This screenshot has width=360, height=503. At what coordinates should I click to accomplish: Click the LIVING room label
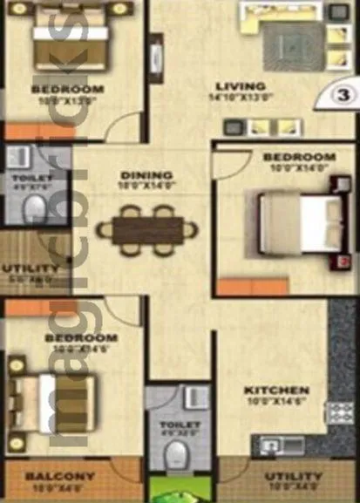tap(241, 85)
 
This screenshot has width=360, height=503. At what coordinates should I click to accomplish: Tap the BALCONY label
tap(60, 477)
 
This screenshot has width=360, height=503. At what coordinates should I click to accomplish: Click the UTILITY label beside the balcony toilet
tap(294, 477)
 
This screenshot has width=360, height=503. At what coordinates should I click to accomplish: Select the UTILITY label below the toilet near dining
tap(31, 268)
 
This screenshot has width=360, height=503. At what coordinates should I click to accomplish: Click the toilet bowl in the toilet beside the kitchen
tap(177, 452)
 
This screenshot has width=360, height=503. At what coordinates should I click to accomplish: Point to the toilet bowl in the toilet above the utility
tap(34, 207)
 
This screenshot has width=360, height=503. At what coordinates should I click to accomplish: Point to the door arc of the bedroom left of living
tap(126, 128)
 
